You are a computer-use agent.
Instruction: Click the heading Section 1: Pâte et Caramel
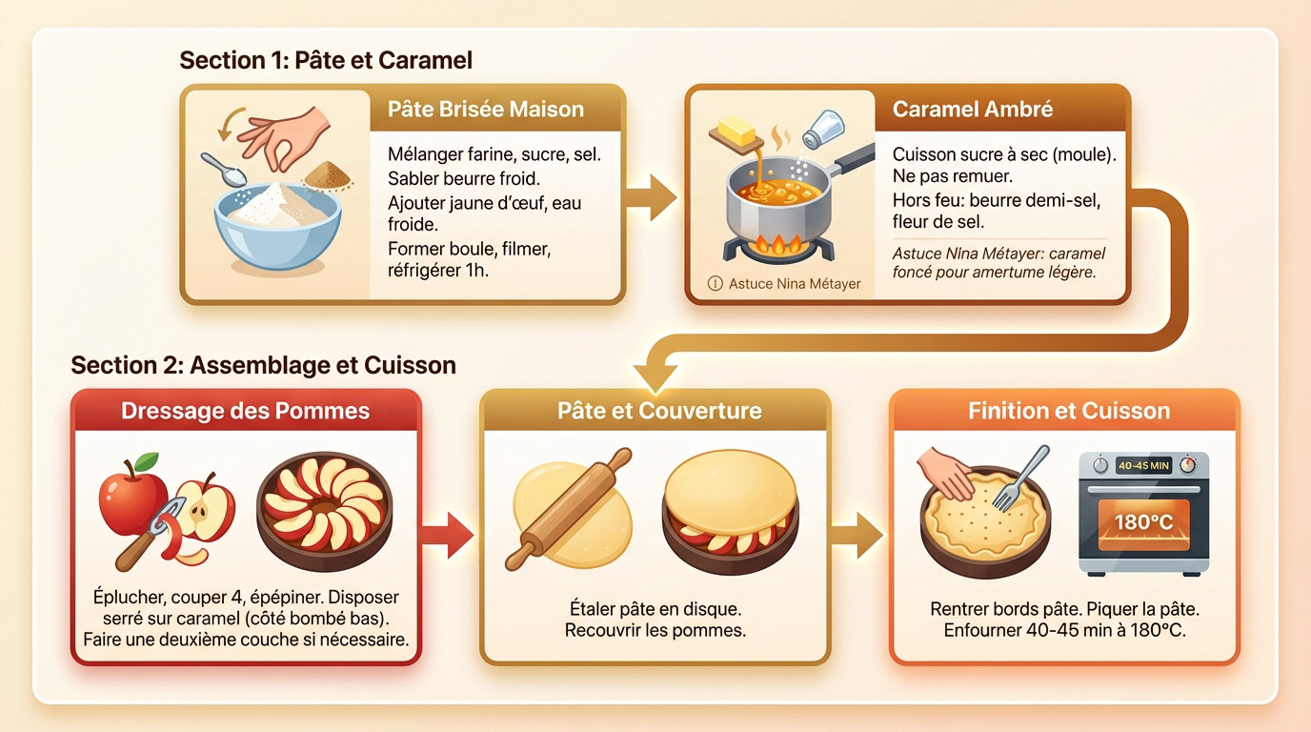(326, 60)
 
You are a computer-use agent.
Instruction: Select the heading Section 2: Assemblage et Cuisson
(263, 365)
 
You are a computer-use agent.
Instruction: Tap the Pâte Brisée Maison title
(485, 109)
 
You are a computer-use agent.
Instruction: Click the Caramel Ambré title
(972, 109)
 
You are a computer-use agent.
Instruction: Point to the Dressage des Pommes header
(246, 411)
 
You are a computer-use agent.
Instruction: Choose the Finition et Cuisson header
(1068, 411)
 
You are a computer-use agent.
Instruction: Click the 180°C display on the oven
(1143, 522)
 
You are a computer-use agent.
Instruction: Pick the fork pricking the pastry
(1019, 479)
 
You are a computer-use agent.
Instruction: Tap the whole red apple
(132, 495)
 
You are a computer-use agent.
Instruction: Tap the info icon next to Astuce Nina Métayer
(716, 283)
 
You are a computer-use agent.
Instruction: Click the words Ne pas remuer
(939, 177)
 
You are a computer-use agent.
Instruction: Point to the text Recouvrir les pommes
(655, 630)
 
